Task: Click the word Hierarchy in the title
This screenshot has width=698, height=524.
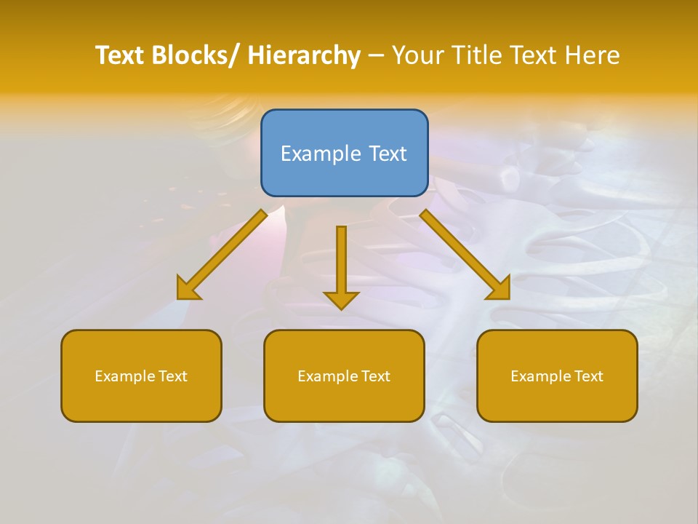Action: [304, 55]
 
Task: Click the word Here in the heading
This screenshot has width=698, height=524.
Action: [592, 55]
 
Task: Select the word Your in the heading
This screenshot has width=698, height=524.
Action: [417, 55]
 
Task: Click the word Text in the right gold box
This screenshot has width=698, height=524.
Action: [589, 376]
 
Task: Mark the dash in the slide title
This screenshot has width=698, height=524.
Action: [376, 55]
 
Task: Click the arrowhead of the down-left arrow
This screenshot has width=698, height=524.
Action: [188, 290]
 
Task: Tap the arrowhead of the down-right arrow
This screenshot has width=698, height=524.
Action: [500, 290]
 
